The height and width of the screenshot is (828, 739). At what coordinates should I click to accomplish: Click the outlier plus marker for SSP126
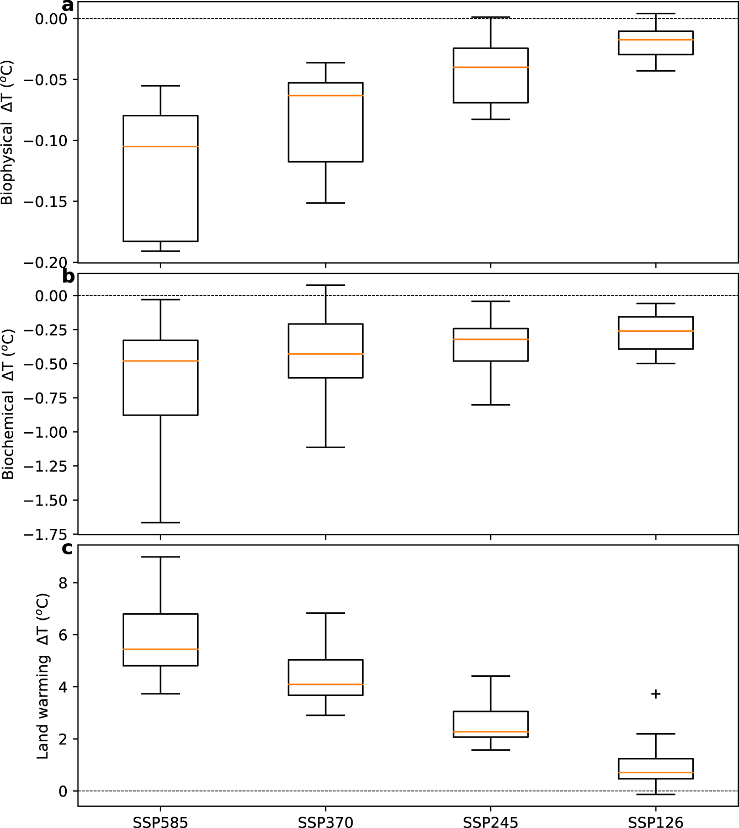[x=656, y=694]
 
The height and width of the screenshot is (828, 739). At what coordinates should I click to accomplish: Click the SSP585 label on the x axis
[x=160, y=822]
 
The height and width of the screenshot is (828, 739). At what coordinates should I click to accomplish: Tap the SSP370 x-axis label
[x=325, y=822]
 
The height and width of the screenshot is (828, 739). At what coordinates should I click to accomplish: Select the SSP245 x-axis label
[x=490, y=822]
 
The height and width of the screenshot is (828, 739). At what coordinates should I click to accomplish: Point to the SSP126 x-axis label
[x=656, y=822]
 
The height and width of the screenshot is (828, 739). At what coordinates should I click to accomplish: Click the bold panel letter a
[x=67, y=6]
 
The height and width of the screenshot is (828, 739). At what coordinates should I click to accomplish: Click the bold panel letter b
[x=68, y=276]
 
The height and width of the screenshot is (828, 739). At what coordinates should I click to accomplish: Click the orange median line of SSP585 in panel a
[x=160, y=146]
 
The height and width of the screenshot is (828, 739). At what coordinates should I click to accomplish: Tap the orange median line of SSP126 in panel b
[x=656, y=331]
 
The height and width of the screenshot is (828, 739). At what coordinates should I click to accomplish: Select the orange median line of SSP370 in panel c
[x=325, y=684]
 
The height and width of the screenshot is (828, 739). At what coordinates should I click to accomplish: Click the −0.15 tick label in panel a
[x=46, y=202]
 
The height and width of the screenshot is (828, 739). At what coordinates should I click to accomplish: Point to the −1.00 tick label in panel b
[x=46, y=432]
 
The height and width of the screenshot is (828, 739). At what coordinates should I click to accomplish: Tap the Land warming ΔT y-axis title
[x=43, y=676]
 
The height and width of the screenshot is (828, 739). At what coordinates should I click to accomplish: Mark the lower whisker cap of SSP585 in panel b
[x=160, y=522]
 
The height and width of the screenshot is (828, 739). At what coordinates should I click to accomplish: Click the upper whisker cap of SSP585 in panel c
[x=160, y=557]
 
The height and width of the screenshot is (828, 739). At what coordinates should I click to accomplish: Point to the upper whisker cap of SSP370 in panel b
[x=325, y=285]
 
